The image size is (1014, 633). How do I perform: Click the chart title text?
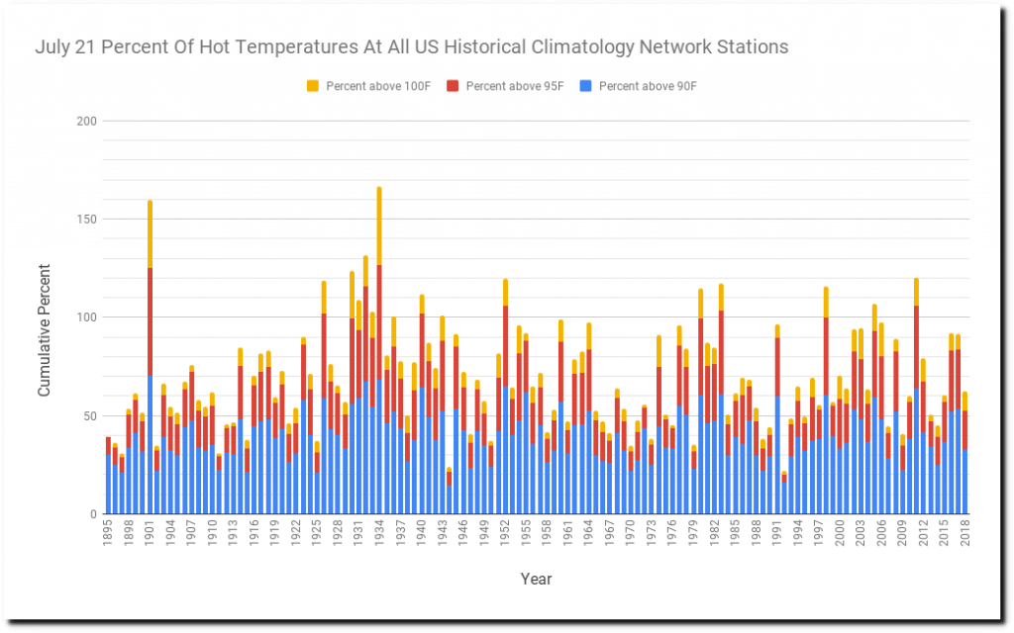pyautogui.click(x=412, y=46)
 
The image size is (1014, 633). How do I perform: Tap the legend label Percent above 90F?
pyautogui.click(x=648, y=86)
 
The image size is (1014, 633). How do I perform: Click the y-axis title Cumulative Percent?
pyautogui.click(x=45, y=318)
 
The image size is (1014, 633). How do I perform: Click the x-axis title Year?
pyautogui.click(x=536, y=579)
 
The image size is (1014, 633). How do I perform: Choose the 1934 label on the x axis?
pyautogui.click(x=378, y=535)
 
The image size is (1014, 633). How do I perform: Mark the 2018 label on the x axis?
pyautogui.click(x=964, y=535)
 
